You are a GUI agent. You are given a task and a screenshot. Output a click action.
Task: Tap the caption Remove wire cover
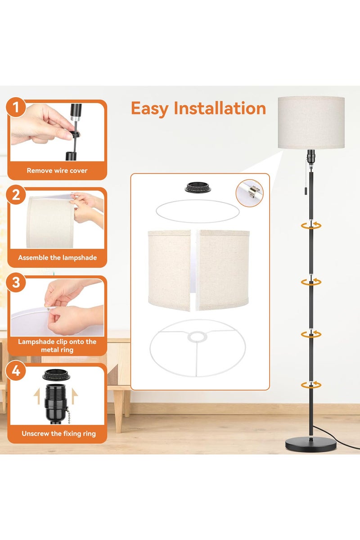57,171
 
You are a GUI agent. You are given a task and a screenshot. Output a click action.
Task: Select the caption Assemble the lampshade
57,258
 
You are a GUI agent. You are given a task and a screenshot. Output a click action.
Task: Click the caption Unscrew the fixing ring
58,434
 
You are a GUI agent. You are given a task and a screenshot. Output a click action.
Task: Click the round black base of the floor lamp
311,444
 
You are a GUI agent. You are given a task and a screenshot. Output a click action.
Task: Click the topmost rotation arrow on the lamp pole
311,225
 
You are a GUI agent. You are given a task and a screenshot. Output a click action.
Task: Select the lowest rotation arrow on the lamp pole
311,384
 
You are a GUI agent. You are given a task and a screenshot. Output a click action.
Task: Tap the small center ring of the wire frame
198,337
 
